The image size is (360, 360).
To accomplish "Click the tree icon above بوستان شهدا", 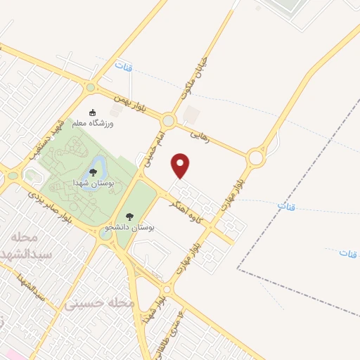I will click(93, 172).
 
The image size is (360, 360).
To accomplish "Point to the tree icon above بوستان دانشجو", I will click(128, 217).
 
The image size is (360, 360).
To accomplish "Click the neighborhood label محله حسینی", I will click(99, 303).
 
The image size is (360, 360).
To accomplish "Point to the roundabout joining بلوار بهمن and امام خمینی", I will click(169, 119).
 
